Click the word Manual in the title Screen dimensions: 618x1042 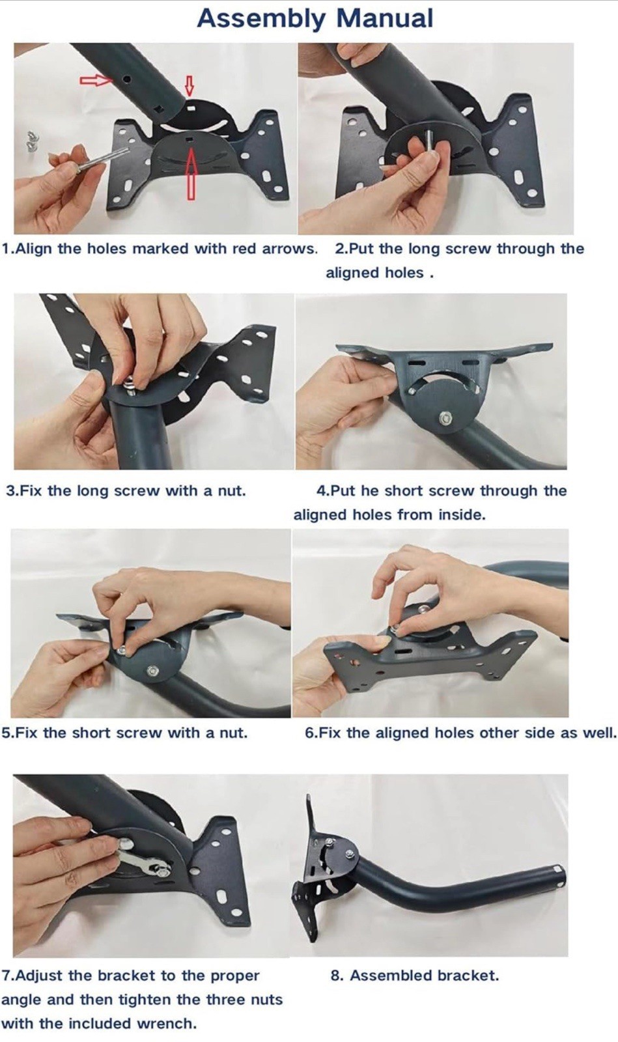[x=385, y=19]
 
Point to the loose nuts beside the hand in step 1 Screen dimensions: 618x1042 [x=31, y=141]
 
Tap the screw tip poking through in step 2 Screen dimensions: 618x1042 [x=428, y=139]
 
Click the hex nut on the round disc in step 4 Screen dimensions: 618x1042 [x=445, y=418]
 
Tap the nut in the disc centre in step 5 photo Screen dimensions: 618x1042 [x=152, y=671]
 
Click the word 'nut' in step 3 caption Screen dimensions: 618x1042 [x=231, y=491]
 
